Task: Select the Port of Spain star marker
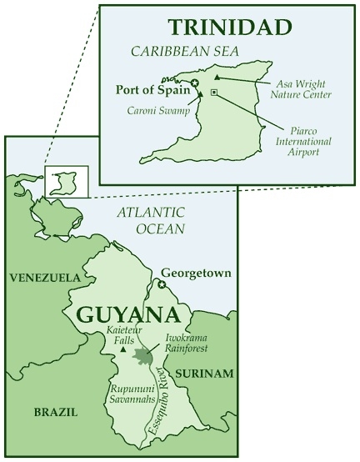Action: click(194, 83)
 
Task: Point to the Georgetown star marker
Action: click(162, 285)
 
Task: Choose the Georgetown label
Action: click(195, 273)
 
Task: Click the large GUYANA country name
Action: click(127, 315)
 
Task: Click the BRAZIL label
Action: click(55, 412)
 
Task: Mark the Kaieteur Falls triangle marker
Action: click(124, 350)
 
